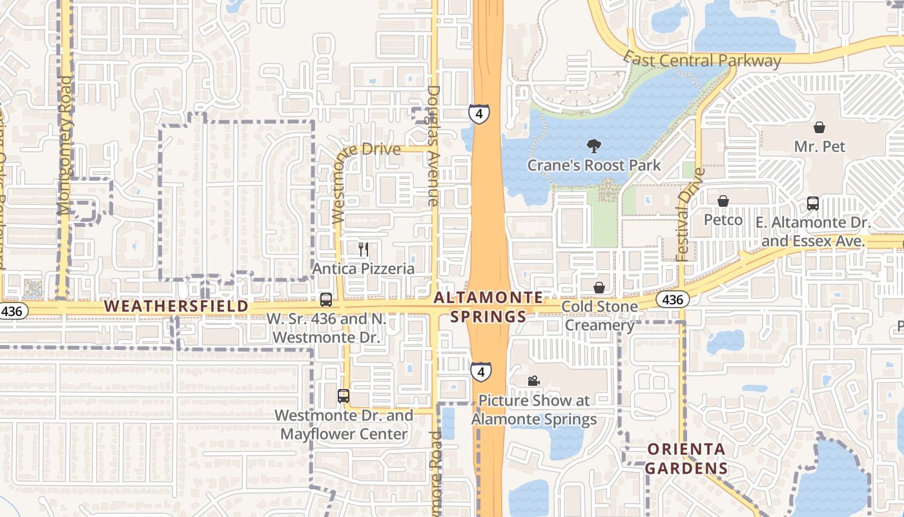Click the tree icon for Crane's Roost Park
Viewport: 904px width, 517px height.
tap(593, 146)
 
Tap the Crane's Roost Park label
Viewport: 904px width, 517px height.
tap(594, 165)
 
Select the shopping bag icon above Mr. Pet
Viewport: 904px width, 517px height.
tap(819, 127)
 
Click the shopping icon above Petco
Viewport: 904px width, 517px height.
tap(723, 201)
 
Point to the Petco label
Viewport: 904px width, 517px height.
tap(723, 220)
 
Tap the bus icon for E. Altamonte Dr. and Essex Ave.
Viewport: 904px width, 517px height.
tap(813, 204)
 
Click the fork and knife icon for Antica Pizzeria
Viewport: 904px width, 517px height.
tap(364, 249)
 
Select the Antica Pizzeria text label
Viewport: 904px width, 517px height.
tap(364, 268)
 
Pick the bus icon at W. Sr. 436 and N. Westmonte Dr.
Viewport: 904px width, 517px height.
tap(326, 300)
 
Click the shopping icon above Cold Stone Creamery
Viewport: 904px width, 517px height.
tap(600, 287)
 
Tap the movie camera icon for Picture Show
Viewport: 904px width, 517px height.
tap(533, 381)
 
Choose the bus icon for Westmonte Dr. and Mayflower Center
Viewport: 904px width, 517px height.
tap(344, 396)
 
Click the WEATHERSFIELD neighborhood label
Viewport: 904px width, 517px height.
tap(176, 306)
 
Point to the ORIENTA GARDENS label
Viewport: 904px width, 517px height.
tap(686, 459)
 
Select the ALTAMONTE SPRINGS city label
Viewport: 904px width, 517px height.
tap(489, 307)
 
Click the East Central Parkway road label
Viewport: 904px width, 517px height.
tap(703, 61)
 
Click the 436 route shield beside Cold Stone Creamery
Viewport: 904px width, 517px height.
tap(672, 299)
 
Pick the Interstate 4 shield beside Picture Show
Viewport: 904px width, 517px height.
tap(480, 372)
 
